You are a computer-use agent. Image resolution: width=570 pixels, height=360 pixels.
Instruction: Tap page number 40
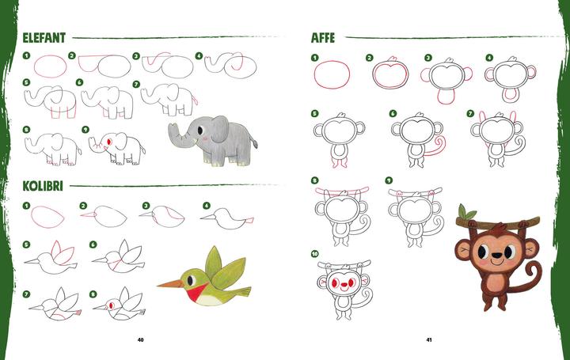pyautogui.click(x=140, y=340)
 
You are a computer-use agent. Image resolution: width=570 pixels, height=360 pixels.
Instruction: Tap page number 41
pyautogui.click(x=428, y=340)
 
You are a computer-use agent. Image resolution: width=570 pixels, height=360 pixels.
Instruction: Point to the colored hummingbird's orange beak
pyautogui.click(x=168, y=282)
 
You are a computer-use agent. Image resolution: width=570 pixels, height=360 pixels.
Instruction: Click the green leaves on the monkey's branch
pyautogui.click(x=467, y=211)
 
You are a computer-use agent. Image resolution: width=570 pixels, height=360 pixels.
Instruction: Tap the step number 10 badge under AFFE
pyautogui.click(x=315, y=254)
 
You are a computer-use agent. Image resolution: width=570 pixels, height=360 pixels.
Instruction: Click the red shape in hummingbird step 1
pyautogui.click(x=48, y=214)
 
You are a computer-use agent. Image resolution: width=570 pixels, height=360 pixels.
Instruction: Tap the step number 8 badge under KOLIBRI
pyautogui.click(x=93, y=293)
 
